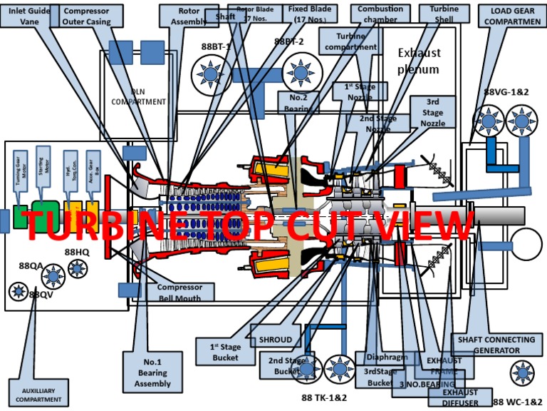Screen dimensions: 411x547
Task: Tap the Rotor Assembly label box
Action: point(189,16)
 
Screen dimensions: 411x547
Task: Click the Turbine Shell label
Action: point(439,14)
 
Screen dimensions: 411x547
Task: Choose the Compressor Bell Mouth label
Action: point(180,293)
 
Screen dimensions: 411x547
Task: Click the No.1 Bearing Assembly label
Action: point(152,372)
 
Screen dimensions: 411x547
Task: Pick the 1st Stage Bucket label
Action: point(226,352)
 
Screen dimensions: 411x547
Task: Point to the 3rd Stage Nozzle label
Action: point(433,112)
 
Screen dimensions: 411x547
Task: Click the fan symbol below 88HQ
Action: point(76,270)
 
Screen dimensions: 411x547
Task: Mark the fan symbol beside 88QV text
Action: point(18,291)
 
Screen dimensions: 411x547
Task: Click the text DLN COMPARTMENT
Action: point(138,96)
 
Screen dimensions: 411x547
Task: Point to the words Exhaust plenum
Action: point(419,61)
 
